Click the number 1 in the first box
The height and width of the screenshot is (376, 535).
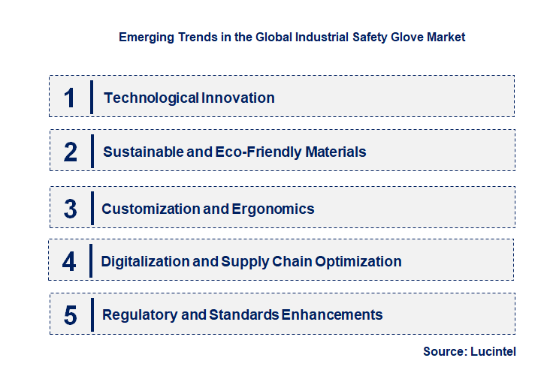tap(70, 98)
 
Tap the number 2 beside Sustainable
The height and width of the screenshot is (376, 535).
tap(70, 152)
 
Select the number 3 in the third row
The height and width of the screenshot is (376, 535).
tap(70, 209)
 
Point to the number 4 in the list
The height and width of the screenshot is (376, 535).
tap(69, 262)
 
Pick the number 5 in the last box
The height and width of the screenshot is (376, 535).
tap(70, 315)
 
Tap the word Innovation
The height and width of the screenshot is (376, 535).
tap(237, 98)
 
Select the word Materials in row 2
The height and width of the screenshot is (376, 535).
tap(336, 152)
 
